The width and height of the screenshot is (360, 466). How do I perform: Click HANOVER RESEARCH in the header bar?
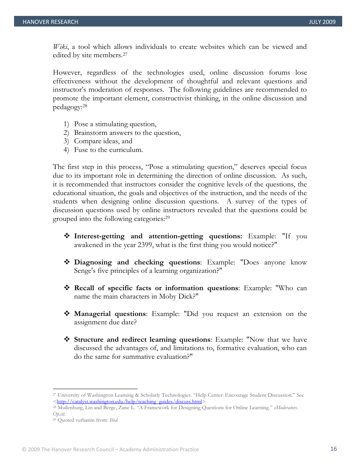point(50,22)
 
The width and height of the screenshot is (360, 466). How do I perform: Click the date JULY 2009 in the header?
point(322,22)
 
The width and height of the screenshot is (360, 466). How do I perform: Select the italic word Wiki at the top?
point(60,47)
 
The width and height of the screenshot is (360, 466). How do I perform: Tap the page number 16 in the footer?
point(333,449)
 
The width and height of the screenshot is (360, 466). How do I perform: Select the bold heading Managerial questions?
point(110,314)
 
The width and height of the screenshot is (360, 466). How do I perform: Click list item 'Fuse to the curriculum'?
point(108,150)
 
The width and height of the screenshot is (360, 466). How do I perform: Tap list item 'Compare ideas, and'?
point(103,141)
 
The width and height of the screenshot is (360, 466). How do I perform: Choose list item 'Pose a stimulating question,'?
point(115,124)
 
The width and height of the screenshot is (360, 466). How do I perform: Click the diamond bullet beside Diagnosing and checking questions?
point(67,263)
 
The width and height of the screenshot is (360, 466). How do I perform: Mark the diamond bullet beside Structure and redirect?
point(67,340)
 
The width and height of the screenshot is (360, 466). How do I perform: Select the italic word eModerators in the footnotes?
point(286,408)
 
